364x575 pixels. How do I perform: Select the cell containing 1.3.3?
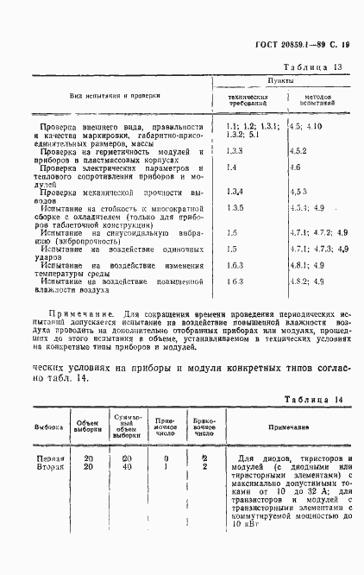tap(235, 150)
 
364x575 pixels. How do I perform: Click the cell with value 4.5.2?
tap(299, 150)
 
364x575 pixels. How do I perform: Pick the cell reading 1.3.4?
tap(235, 191)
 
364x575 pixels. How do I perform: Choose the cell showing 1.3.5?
tap(235, 208)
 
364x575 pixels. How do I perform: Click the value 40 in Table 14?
tap(127, 467)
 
